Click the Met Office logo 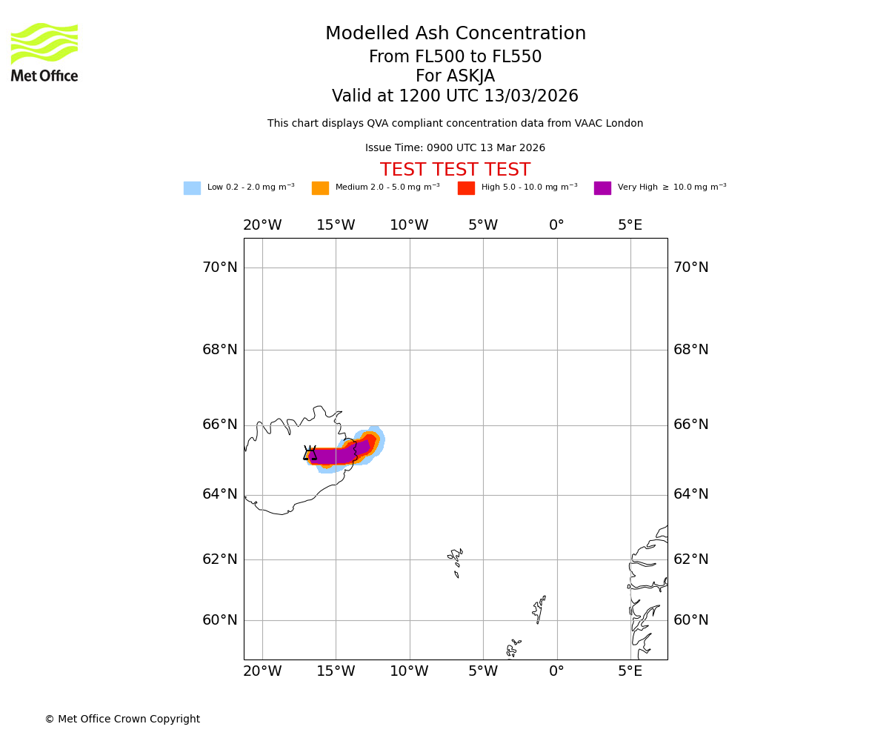44,52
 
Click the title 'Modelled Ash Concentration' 455,34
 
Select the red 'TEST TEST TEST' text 455,170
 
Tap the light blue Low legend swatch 192,188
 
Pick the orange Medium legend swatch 320,188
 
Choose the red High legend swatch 466,188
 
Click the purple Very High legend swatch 602,188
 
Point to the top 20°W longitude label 262,225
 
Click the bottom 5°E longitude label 630,671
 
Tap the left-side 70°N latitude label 220,268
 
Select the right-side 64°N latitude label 690,494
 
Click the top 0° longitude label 556,225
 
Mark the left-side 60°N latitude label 220,620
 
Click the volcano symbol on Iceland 310,453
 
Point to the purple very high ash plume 333,456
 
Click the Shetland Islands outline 539,609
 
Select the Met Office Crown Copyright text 122,720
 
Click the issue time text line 455,148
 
